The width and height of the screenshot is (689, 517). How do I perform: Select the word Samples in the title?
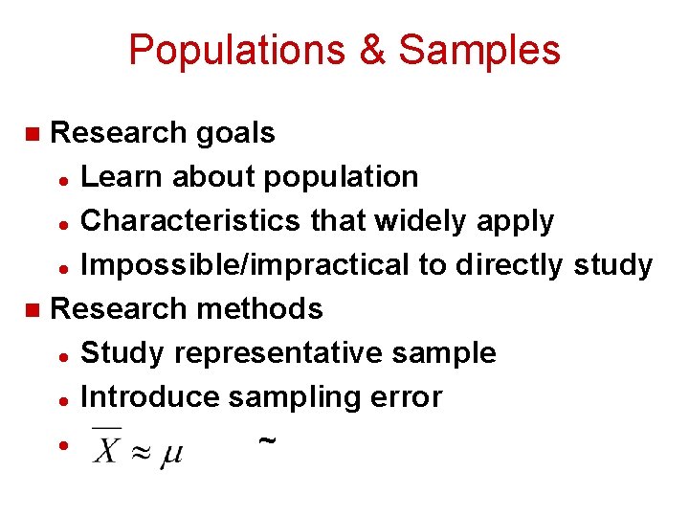coord(479,50)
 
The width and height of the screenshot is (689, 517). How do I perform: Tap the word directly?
coord(510,265)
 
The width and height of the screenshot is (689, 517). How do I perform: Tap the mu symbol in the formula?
coord(170,451)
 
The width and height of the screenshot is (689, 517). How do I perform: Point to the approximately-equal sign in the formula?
coord(140,449)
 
